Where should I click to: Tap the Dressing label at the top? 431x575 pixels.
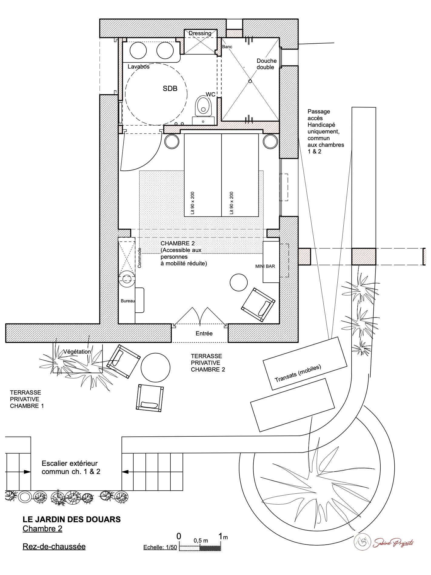click(200, 33)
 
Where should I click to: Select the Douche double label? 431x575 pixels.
click(266, 64)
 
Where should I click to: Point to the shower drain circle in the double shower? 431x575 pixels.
click(250, 81)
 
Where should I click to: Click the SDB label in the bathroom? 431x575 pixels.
click(170, 89)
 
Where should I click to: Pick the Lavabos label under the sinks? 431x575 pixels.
click(139, 67)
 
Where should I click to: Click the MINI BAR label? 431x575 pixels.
click(265, 266)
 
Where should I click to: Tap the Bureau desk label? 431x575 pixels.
click(128, 301)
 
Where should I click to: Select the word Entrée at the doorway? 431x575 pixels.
click(204, 333)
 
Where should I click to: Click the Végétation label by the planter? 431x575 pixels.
click(77, 352)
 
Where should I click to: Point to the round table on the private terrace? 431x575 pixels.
click(155, 367)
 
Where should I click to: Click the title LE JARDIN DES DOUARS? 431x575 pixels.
click(72, 519)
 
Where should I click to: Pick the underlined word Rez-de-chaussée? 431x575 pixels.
click(54, 546)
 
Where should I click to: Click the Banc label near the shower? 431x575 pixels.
click(227, 47)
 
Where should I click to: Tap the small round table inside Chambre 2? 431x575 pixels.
click(239, 282)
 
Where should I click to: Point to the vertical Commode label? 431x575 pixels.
click(140, 258)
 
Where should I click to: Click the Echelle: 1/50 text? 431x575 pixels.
click(160, 548)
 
